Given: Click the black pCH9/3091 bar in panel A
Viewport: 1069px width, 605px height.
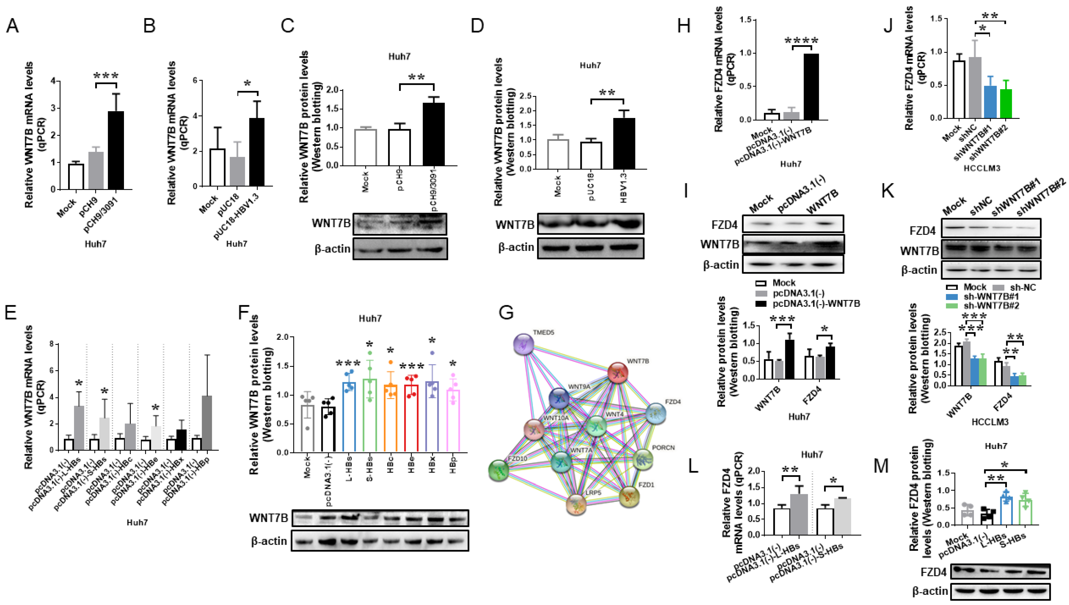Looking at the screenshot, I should pyautogui.click(x=116, y=151).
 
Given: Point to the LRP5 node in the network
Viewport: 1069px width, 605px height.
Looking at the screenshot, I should pyautogui.click(x=576, y=504).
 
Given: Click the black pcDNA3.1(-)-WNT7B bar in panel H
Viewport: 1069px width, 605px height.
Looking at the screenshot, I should pyautogui.click(x=811, y=87).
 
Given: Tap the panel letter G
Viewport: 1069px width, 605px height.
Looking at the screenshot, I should pyautogui.click(x=506, y=312).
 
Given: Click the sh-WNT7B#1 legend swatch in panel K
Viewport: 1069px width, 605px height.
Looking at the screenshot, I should pyautogui.click(x=952, y=297).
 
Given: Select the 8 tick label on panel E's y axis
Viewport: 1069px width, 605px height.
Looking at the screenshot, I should pyautogui.click(x=51, y=344).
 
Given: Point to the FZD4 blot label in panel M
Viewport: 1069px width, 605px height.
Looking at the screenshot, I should pyautogui.click(x=933, y=572).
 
